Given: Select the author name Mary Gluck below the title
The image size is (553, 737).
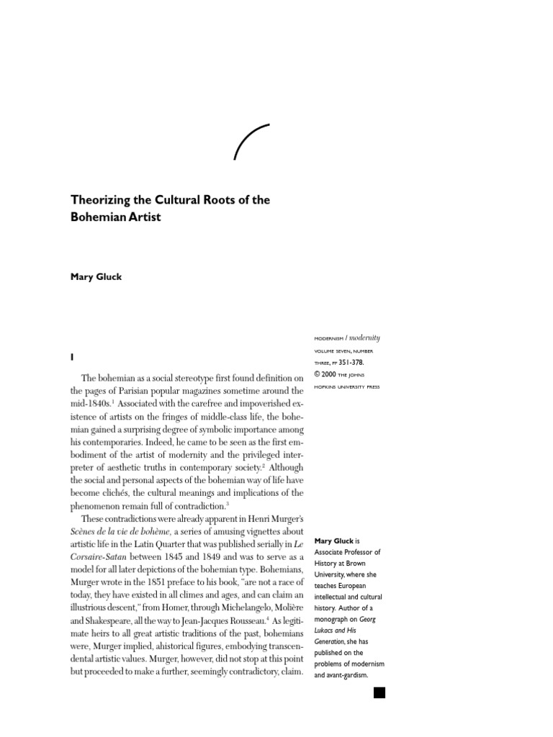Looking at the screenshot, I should pyautogui.click(x=96, y=277).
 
